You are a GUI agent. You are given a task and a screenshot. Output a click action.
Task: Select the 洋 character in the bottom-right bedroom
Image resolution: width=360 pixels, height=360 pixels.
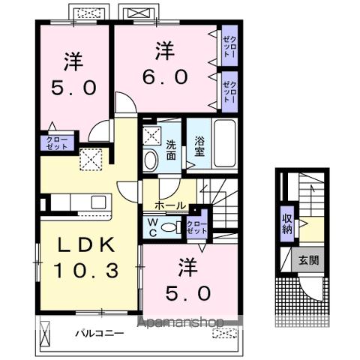[x=184, y=267]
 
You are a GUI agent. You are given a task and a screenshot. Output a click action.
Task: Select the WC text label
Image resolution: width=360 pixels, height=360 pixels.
[x=151, y=226]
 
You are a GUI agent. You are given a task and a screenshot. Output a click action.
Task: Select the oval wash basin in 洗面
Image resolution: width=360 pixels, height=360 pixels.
[x=151, y=160]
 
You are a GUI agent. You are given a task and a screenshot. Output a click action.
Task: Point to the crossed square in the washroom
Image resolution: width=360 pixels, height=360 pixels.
[x=152, y=135]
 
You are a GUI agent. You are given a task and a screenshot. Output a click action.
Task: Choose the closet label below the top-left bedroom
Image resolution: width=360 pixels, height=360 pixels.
[x=57, y=142]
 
